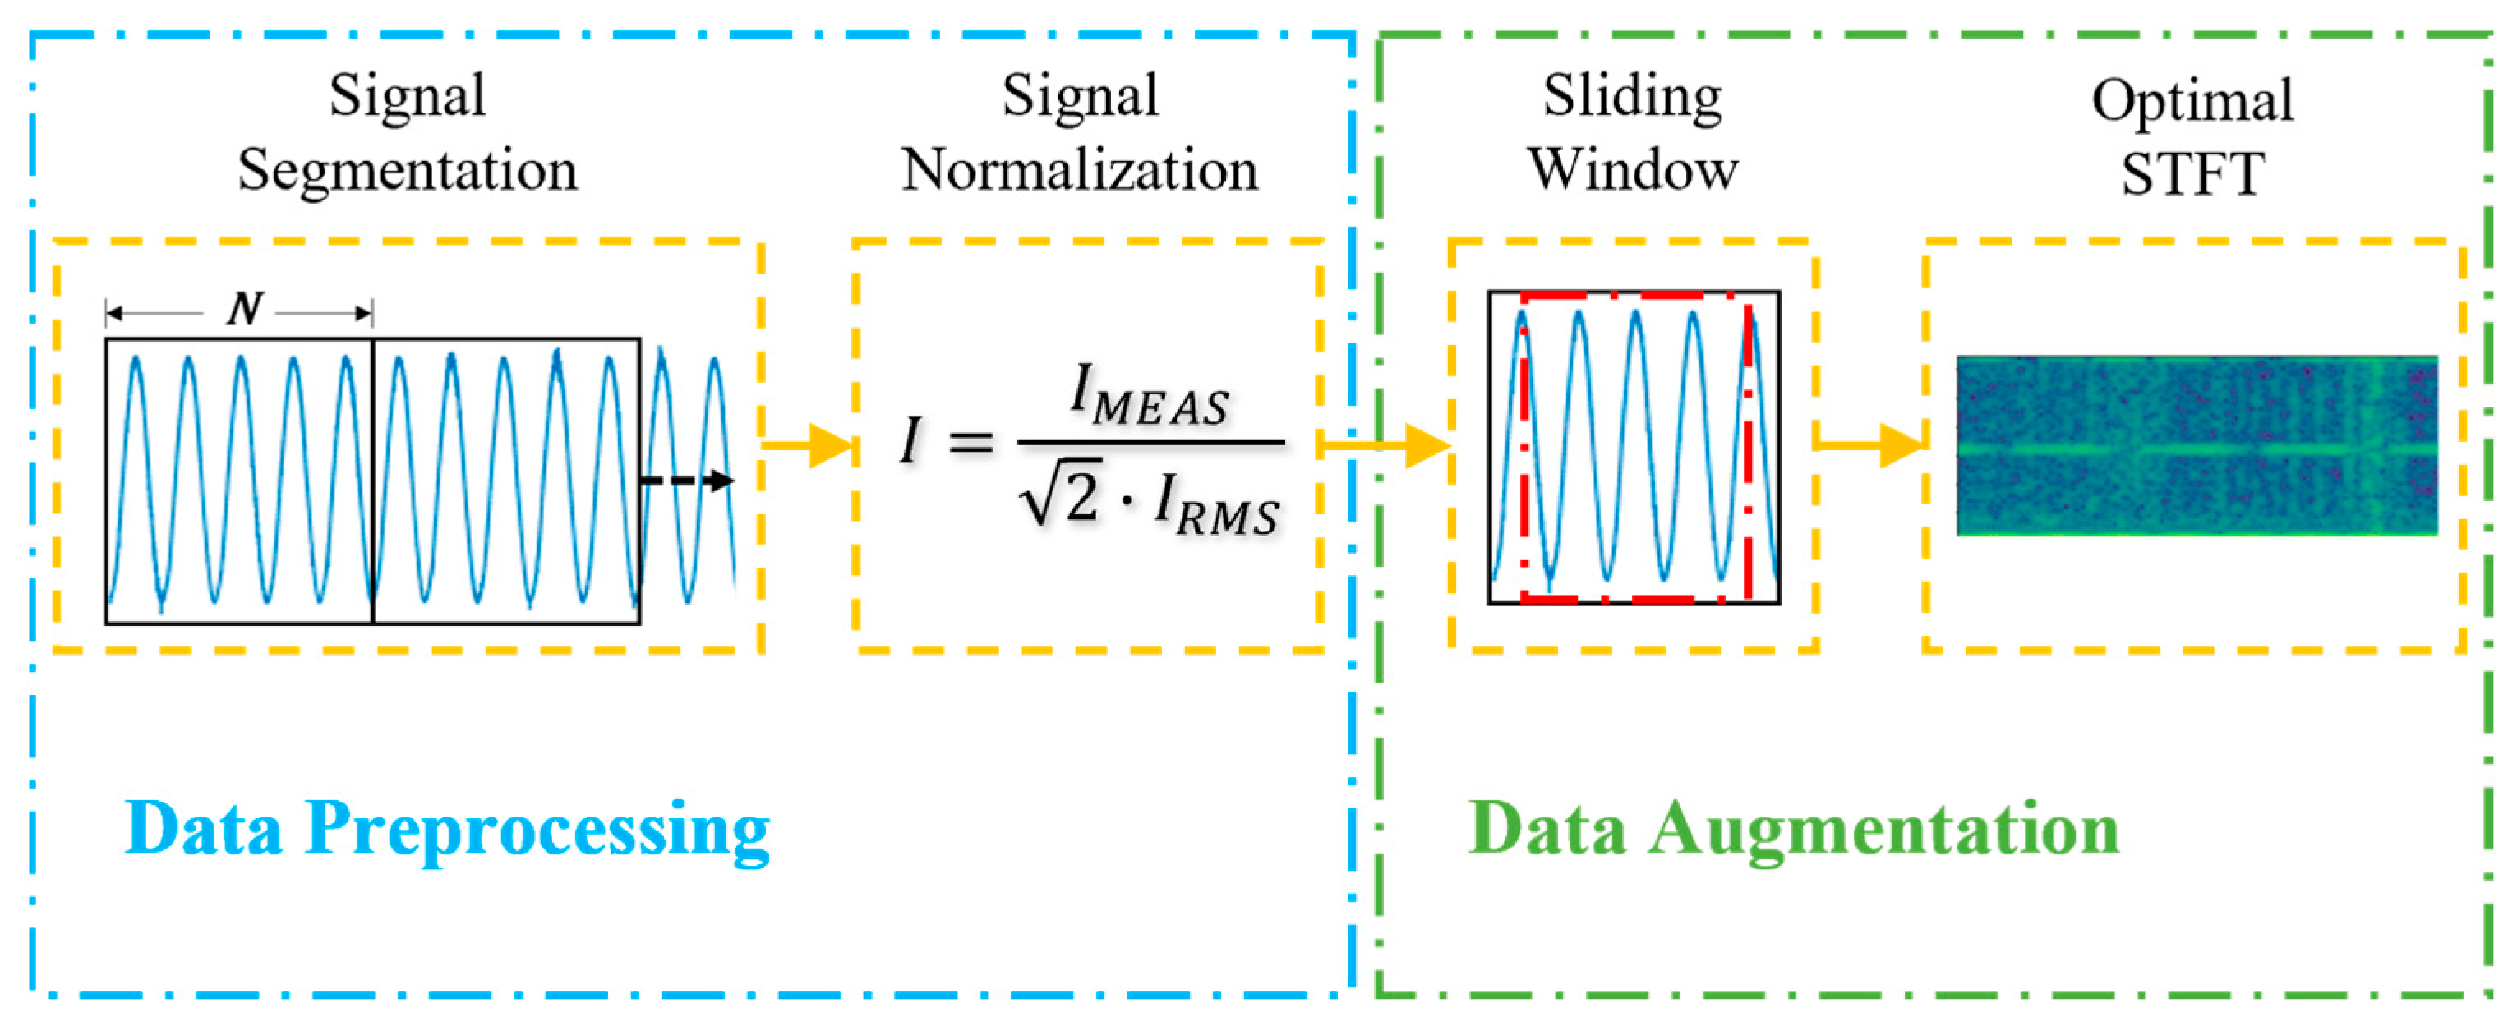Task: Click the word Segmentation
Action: tap(407, 171)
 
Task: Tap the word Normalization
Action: tap(1079, 171)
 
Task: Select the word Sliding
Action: tap(1632, 97)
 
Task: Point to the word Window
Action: tap(1633, 170)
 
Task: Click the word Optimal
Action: tap(2192, 101)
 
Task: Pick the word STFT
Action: tap(2192, 174)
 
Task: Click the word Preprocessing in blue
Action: tap(537, 830)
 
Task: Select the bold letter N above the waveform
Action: tap(243, 310)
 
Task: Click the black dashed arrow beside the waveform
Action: tap(687, 480)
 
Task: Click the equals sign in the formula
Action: tap(970, 444)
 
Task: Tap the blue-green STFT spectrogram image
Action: tap(2197, 445)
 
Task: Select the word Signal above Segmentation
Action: tap(407, 97)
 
